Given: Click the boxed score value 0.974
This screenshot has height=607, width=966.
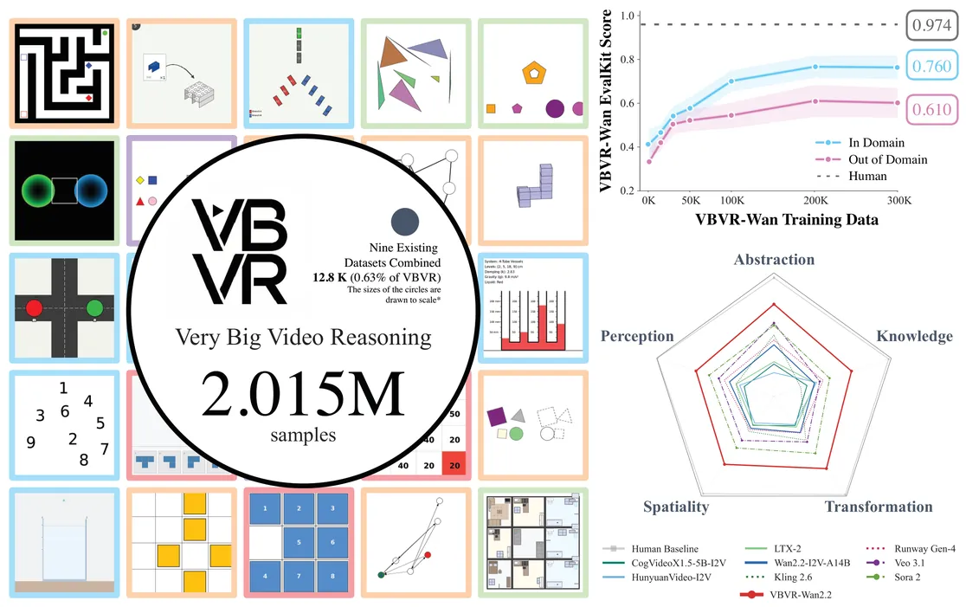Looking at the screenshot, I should (x=932, y=26).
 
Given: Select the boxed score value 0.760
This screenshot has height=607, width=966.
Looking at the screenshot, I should (x=932, y=67).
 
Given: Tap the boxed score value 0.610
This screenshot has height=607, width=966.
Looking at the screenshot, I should (x=932, y=109).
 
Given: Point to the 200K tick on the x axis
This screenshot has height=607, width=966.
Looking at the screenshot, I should (x=815, y=200).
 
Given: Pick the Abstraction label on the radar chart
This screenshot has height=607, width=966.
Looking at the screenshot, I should (x=774, y=260).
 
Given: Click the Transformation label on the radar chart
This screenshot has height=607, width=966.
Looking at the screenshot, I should (x=878, y=507).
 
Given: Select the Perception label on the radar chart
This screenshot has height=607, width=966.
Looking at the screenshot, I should (x=637, y=336).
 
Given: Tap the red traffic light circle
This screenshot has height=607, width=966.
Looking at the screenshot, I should (x=35, y=307).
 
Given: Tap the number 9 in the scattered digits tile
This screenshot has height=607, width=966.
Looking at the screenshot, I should (x=31, y=442).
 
